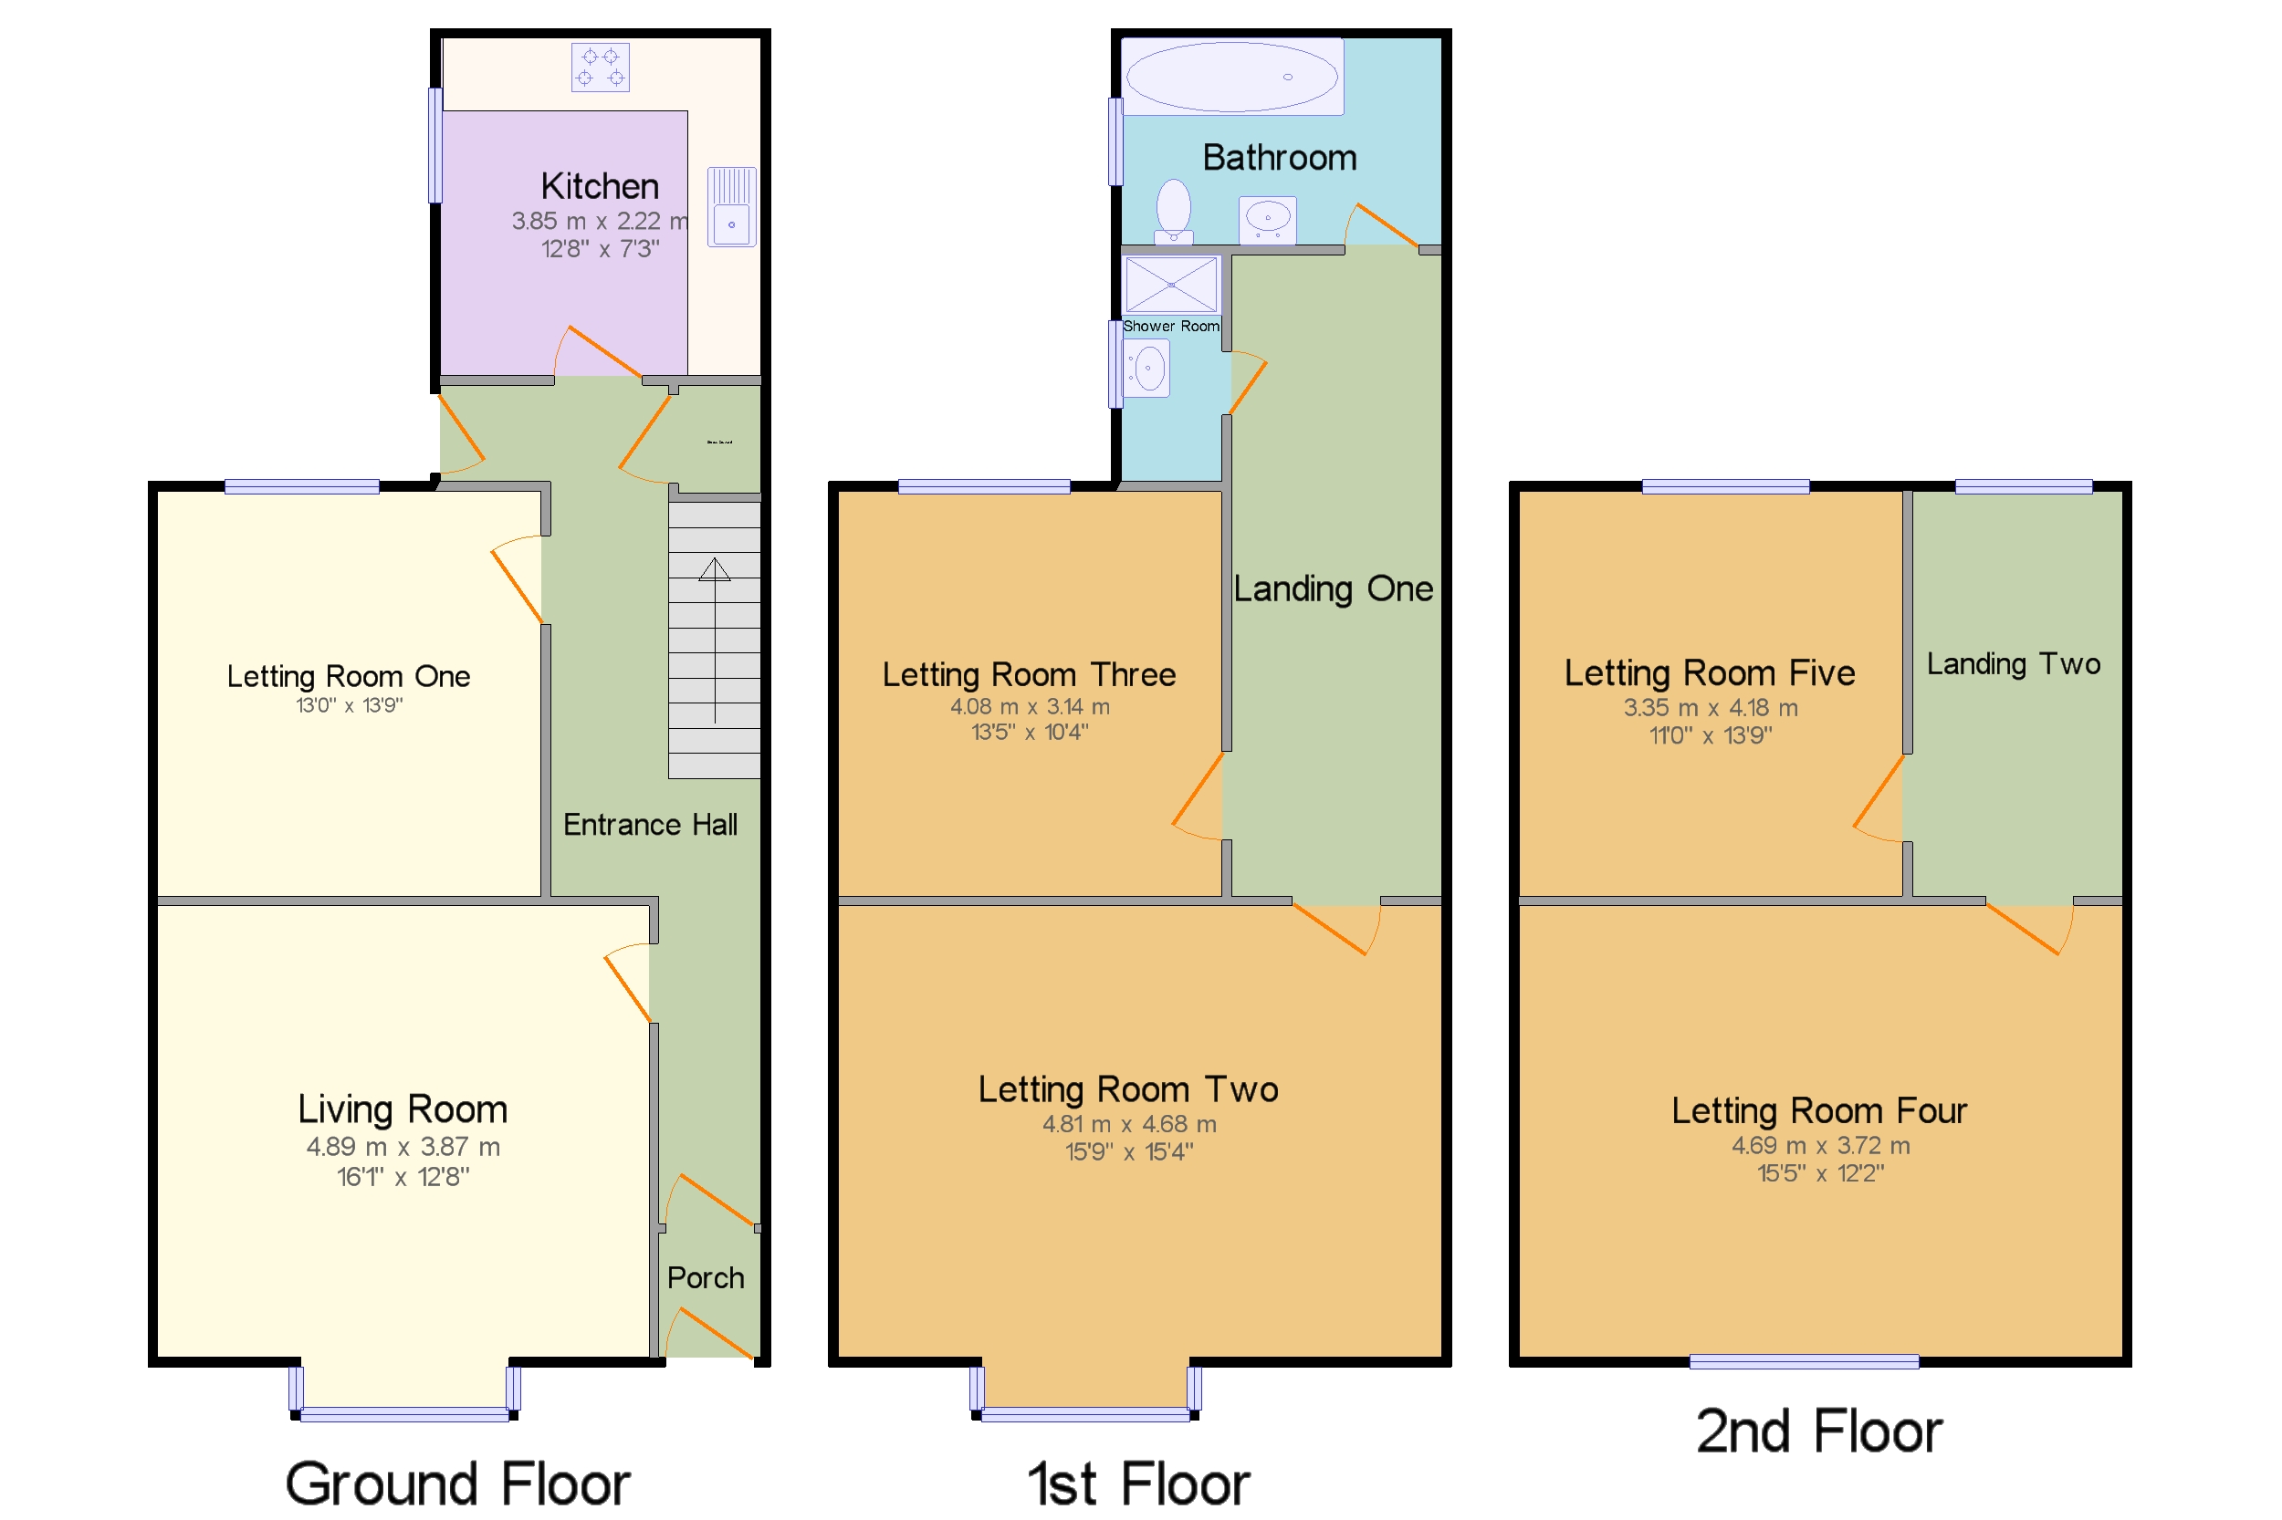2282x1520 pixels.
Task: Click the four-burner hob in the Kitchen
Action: point(600,68)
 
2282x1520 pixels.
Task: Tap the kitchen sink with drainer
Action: point(730,205)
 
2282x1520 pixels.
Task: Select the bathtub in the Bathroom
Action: point(1230,77)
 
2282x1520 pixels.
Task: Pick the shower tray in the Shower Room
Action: point(1169,284)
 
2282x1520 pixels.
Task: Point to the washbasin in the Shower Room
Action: point(1147,369)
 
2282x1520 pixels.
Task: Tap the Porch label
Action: point(704,1276)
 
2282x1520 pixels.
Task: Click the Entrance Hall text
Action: point(650,824)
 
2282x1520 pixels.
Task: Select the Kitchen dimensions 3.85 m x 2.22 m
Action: point(599,221)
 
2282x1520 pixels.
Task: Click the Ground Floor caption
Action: point(456,1483)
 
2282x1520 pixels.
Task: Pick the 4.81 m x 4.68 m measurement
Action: point(1128,1123)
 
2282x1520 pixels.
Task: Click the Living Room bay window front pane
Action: point(404,1414)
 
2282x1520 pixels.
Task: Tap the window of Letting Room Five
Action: point(1724,486)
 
